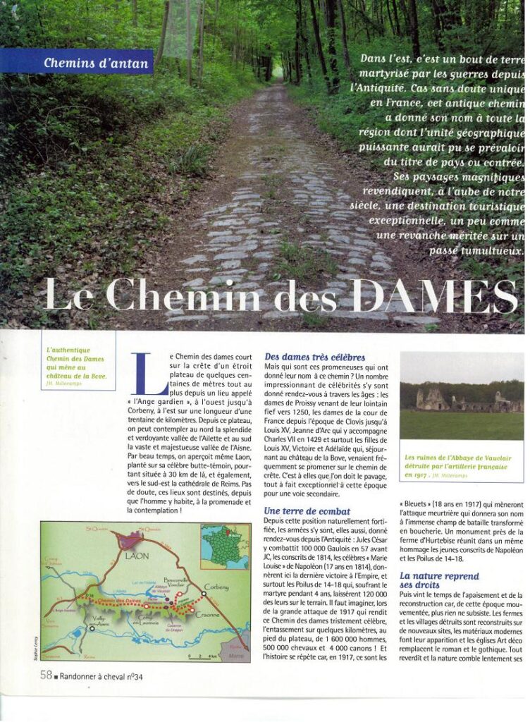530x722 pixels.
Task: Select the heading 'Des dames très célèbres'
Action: click(315, 357)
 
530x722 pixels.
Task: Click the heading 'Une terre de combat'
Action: click(307, 510)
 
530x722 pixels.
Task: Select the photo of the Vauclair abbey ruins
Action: click(462, 396)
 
